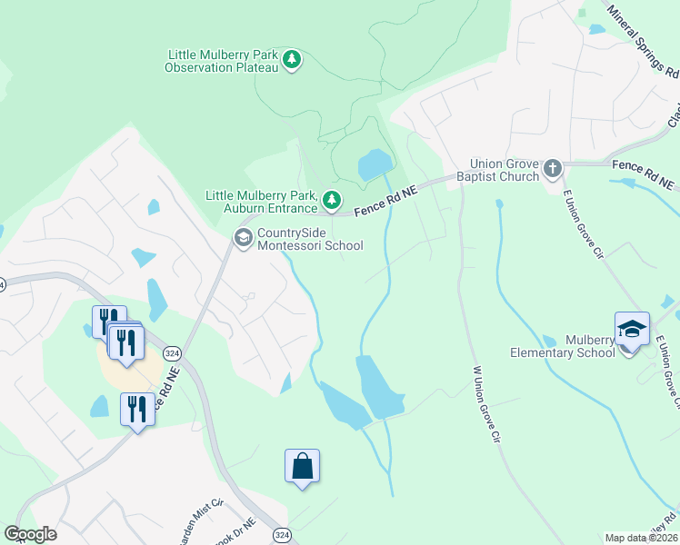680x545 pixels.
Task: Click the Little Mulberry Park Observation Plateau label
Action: (222, 61)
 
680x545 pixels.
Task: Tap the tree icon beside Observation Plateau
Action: (291, 61)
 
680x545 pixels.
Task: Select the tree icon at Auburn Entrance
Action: (333, 199)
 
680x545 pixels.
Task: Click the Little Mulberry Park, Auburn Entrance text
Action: (262, 202)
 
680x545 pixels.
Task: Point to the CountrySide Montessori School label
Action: (309, 239)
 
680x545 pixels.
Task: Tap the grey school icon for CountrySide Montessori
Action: (243, 238)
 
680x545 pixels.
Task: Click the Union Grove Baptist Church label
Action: (497, 170)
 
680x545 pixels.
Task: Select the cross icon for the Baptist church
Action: (552, 168)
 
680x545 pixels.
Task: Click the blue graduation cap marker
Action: (632, 329)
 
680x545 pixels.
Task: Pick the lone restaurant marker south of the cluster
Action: (137, 410)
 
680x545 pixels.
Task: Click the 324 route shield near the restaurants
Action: (170, 352)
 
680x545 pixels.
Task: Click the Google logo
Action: (30, 534)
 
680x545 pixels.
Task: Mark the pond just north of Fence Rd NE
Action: (374, 164)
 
